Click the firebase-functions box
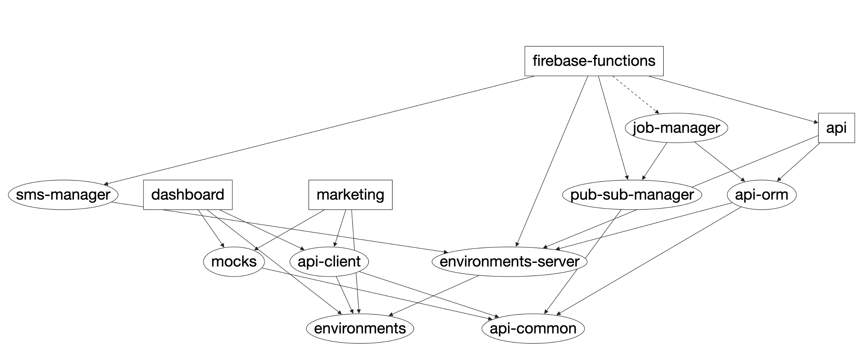pyautogui.click(x=594, y=61)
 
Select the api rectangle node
pyautogui.click(x=836, y=128)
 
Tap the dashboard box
pyautogui.click(x=188, y=195)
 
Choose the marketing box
pyautogui.click(x=350, y=195)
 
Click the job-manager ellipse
pyautogui.click(x=676, y=128)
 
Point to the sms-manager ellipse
pyautogui.click(x=63, y=195)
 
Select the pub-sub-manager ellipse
pyautogui.click(x=632, y=195)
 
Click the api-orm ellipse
pyautogui.click(x=761, y=195)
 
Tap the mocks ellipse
pyautogui.click(x=234, y=262)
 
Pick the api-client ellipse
pyautogui.click(x=329, y=262)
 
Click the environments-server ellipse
pyautogui.click(x=509, y=262)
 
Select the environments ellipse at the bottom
pyautogui.click(x=360, y=329)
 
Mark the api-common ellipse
pyautogui.click(x=533, y=329)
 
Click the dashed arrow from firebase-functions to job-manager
pyautogui.click(x=635, y=94)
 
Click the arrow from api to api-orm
pyautogui.click(x=799, y=162)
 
